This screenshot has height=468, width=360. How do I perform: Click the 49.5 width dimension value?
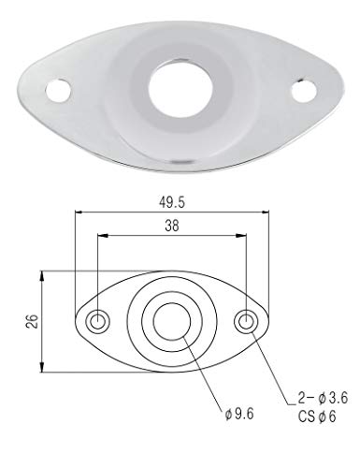(172, 202)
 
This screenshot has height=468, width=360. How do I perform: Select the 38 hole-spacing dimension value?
(172, 226)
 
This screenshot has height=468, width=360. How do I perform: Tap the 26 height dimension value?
(33, 321)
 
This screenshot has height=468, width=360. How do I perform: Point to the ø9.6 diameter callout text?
(239, 414)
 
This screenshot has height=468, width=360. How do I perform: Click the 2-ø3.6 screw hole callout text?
(323, 398)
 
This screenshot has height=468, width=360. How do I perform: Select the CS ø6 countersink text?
(317, 417)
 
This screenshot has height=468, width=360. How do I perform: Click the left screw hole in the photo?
(58, 91)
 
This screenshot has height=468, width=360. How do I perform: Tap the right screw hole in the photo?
(304, 91)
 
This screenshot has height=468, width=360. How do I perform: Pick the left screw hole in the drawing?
(98, 321)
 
